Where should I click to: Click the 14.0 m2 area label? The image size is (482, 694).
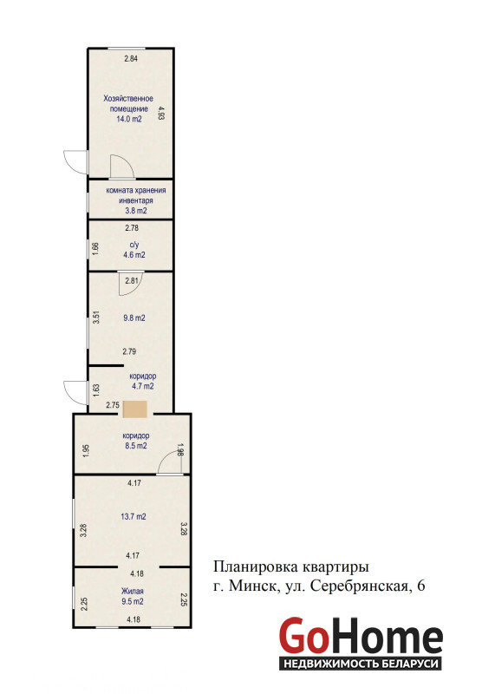(x=129, y=119)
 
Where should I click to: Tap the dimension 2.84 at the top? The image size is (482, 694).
(x=131, y=58)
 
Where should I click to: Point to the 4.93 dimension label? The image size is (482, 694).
(x=161, y=113)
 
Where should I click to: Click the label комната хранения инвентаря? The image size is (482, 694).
(x=136, y=195)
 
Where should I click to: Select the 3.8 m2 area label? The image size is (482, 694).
(x=136, y=211)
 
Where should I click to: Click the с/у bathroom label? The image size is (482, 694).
(x=134, y=245)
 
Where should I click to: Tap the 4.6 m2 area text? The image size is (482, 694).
(x=134, y=255)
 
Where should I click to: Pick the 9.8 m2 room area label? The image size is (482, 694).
(x=134, y=318)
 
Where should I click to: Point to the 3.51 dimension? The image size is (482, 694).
(x=96, y=318)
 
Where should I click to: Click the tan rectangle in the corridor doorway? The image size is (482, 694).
(x=135, y=409)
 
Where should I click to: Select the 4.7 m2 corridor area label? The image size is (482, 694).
(x=143, y=386)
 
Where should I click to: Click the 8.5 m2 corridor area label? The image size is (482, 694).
(x=136, y=446)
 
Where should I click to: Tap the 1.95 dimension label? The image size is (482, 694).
(x=86, y=450)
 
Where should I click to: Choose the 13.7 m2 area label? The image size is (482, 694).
(x=134, y=516)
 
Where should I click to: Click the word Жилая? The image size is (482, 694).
(x=133, y=591)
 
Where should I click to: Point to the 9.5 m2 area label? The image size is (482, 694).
(x=133, y=601)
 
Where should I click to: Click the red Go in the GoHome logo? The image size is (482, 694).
(x=304, y=636)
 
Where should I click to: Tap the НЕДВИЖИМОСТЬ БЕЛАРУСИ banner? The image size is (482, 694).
(x=361, y=664)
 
